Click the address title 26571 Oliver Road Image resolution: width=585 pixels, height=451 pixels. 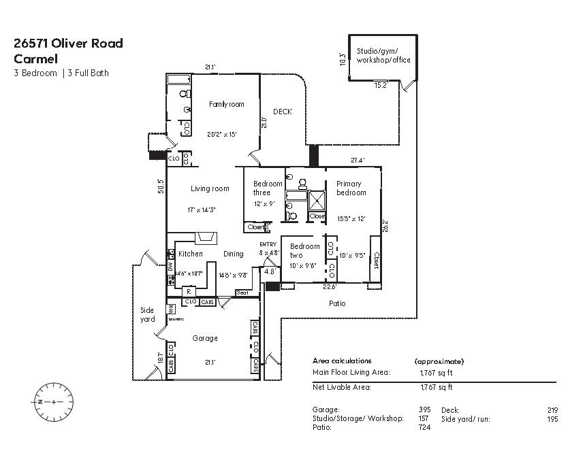68,44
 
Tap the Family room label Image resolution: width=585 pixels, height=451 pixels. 226,104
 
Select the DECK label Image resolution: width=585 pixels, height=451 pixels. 283,112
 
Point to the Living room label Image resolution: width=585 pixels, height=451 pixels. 210,188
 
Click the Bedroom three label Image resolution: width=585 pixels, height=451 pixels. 268,188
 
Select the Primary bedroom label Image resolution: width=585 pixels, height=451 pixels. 351,188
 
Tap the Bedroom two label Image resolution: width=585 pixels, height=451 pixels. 304,250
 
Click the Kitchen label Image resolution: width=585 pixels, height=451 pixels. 191,254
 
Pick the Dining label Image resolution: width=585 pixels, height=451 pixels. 234,254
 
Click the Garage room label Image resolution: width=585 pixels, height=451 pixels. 205,338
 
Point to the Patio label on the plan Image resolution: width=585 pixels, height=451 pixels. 337,303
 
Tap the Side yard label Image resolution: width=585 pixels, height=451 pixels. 148,314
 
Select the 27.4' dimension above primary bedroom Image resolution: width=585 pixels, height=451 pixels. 358,161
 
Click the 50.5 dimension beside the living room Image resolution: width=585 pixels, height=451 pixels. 161,186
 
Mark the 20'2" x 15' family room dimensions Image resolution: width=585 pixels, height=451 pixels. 222,135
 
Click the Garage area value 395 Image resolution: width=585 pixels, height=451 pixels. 424,410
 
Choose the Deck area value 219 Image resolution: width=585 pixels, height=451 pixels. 552,410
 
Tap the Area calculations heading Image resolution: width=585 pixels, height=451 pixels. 342,361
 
